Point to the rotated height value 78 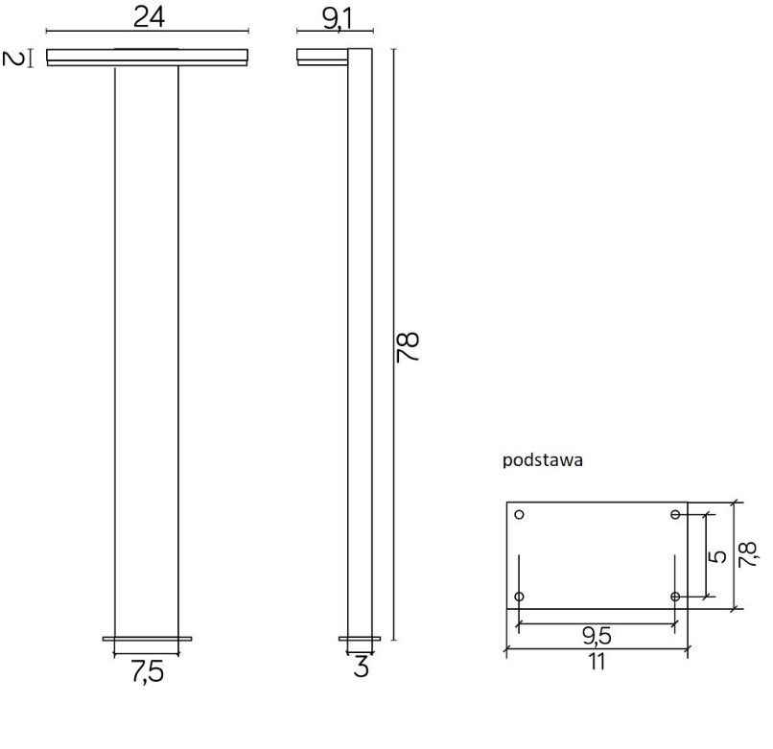(410, 345)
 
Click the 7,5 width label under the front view (147, 672)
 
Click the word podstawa (543, 459)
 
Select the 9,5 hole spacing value (597, 636)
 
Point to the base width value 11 (597, 662)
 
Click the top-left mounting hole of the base (520, 515)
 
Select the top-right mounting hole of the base (675, 515)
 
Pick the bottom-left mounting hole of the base (520, 597)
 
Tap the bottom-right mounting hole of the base (675, 597)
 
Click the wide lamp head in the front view (147, 57)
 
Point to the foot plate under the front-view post (147, 638)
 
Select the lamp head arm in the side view (321, 57)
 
